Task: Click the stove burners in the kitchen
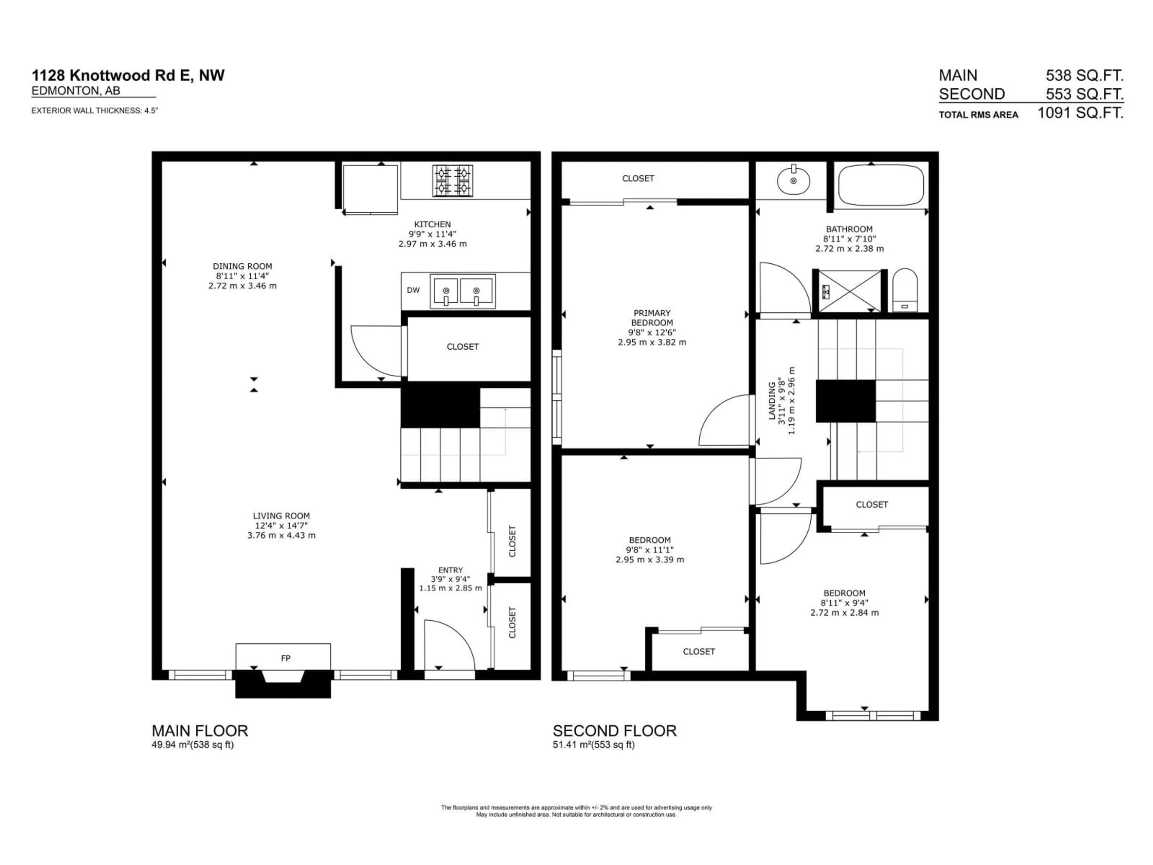click(x=452, y=181)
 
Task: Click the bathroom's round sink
click(x=793, y=181)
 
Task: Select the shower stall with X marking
click(x=849, y=291)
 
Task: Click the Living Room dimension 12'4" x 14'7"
click(x=281, y=526)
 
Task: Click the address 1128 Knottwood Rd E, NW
click(x=128, y=76)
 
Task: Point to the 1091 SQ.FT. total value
click(x=1080, y=113)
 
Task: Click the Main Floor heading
click(x=200, y=730)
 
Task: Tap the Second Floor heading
click(x=615, y=730)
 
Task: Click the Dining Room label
click(x=242, y=266)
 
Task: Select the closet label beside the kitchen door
click(x=462, y=347)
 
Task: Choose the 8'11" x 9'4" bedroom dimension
click(x=844, y=603)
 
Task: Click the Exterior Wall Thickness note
click(x=94, y=111)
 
